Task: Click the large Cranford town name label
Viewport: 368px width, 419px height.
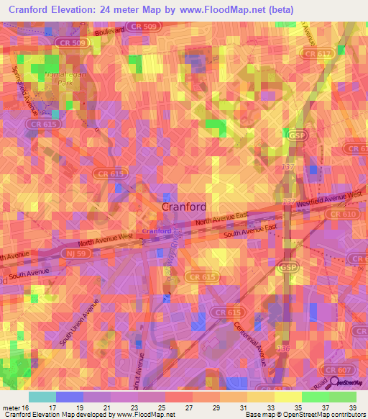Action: (x=183, y=207)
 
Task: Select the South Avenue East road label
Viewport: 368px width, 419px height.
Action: (x=249, y=231)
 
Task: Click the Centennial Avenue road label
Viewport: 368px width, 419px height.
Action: (x=249, y=343)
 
